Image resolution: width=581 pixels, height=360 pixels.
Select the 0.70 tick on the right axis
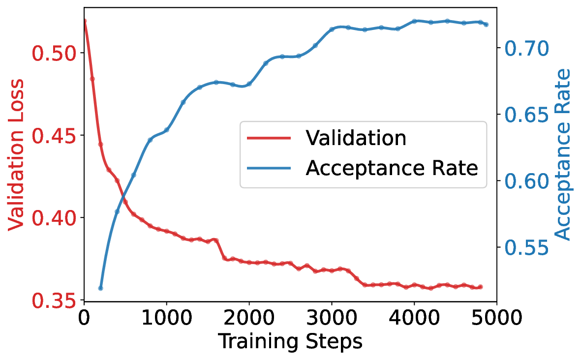coord(524,48)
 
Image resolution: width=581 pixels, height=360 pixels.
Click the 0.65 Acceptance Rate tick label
coord(524,114)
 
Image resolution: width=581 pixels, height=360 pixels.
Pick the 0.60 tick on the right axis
coord(524,180)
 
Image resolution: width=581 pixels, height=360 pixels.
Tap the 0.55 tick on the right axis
coord(524,246)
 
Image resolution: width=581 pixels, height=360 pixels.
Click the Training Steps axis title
coord(290,341)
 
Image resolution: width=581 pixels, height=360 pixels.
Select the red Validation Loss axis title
coord(16,153)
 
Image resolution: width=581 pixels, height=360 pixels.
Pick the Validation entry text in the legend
coord(356,138)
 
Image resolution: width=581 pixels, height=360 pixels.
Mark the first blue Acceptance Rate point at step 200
coord(100,288)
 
